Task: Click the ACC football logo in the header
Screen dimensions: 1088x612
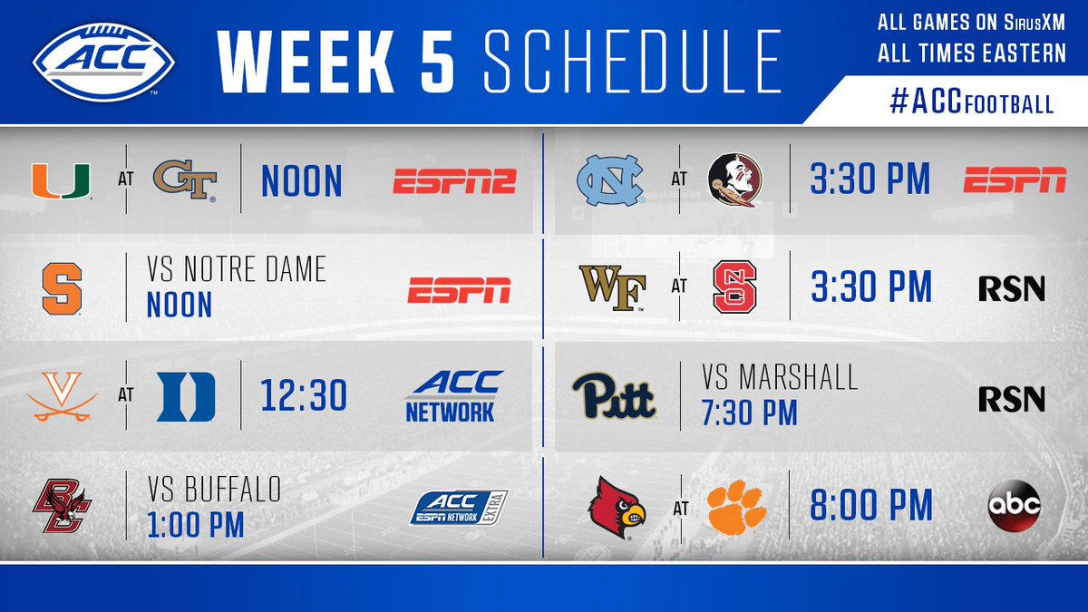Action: click(103, 62)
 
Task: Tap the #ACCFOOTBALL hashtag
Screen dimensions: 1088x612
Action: click(971, 102)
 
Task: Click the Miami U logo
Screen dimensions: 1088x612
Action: click(62, 180)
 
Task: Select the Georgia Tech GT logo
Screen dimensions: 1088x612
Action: click(185, 180)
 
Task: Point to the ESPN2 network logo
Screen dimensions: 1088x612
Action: click(454, 181)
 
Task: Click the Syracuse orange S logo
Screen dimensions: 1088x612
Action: click(63, 289)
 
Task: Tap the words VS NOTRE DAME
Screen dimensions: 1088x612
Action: click(237, 269)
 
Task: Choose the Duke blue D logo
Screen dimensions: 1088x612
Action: click(186, 396)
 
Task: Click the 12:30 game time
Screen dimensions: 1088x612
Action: click(304, 395)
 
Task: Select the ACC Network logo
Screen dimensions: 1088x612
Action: click(453, 396)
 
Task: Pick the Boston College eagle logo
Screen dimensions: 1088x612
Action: click(63, 506)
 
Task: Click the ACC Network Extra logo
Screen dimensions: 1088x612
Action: click(459, 508)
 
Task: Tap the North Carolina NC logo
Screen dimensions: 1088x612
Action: click(611, 180)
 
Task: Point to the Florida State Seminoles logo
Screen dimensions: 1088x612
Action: click(735, 180)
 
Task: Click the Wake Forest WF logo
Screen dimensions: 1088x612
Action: click(612, 288)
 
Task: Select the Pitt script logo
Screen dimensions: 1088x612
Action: click(615, 396)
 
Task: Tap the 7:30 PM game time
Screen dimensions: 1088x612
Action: click(750, 413)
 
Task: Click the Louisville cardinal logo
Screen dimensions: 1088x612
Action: click(617, 508)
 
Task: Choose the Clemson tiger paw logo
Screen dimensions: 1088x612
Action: click(736, 508)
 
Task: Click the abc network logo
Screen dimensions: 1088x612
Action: click(1015, 506)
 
